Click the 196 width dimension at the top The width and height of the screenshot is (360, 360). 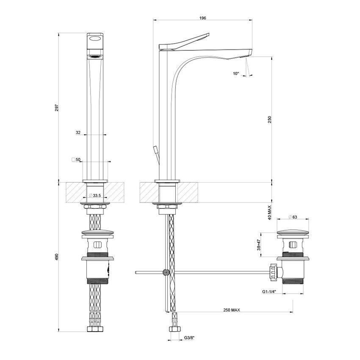click(202, 18)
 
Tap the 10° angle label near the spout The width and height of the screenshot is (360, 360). click(236, 73)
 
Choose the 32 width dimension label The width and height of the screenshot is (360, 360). click(78, 133)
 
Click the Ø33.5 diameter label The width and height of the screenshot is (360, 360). click(95, 196)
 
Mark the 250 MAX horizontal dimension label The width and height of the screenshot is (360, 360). click(232, 310)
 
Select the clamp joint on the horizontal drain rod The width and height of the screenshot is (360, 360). click(166, 273)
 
